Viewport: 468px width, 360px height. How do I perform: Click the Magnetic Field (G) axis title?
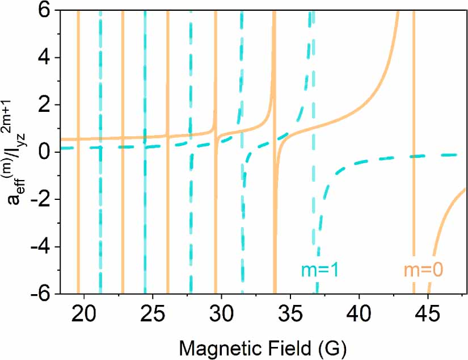[262, 345]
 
